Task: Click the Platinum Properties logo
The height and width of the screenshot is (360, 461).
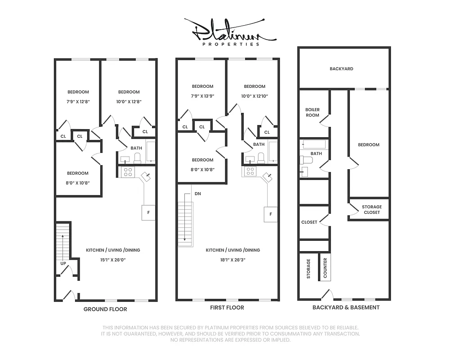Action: [x=230, y=33]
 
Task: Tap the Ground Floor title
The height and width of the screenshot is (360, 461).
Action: [x=105, y=309]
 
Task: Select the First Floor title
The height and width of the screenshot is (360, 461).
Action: [x=227, y=308]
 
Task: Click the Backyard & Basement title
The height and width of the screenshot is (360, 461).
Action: [x=346, y=307]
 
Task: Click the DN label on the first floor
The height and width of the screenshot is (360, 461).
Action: [x=197, y=194]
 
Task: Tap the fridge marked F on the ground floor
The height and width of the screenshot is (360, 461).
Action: [x=148, y=213]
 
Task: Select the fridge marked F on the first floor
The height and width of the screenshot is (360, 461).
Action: [x=270, y=214]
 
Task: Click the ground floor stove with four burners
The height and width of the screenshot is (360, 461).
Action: [x=127, y=171]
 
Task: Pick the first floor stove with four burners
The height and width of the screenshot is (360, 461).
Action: [x=250, y=171]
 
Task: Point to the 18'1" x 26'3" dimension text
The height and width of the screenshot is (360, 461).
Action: [x=233, y=260]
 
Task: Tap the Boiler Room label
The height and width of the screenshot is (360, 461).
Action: [x=312, y=112]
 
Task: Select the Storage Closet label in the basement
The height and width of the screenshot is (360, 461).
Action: [x=371, y=210]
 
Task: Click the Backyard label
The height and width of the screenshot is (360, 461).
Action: [x=341, y=69]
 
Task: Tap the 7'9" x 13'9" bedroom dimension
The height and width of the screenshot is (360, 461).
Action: [x=202, y=96]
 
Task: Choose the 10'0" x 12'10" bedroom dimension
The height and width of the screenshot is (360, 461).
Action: [x=255, y=96]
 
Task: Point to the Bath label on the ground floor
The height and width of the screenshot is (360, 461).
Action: [x=136, y=148]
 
